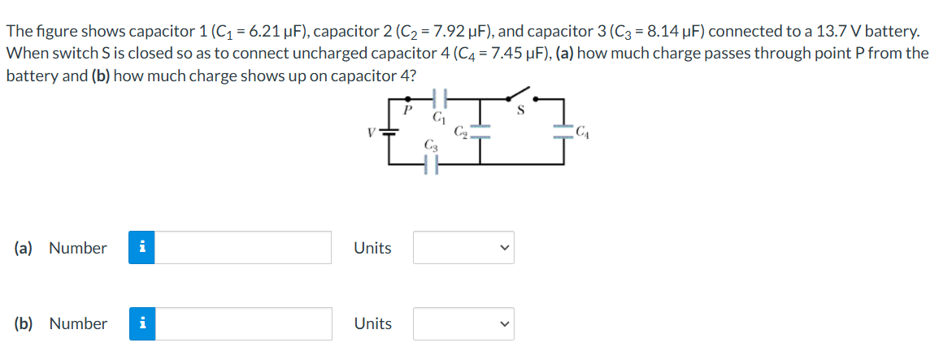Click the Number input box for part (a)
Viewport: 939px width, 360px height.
coord(243,248)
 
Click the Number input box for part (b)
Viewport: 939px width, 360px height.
coord(243,323)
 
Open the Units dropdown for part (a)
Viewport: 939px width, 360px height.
coord(463,248)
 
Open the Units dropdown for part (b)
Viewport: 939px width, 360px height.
coord(463,323)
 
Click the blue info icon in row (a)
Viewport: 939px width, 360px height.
coord(141,248)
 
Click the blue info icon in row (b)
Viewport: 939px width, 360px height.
coord(141,323)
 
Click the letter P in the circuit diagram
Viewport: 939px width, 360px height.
coord(408,107)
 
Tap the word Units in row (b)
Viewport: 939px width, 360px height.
coord(372,323)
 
